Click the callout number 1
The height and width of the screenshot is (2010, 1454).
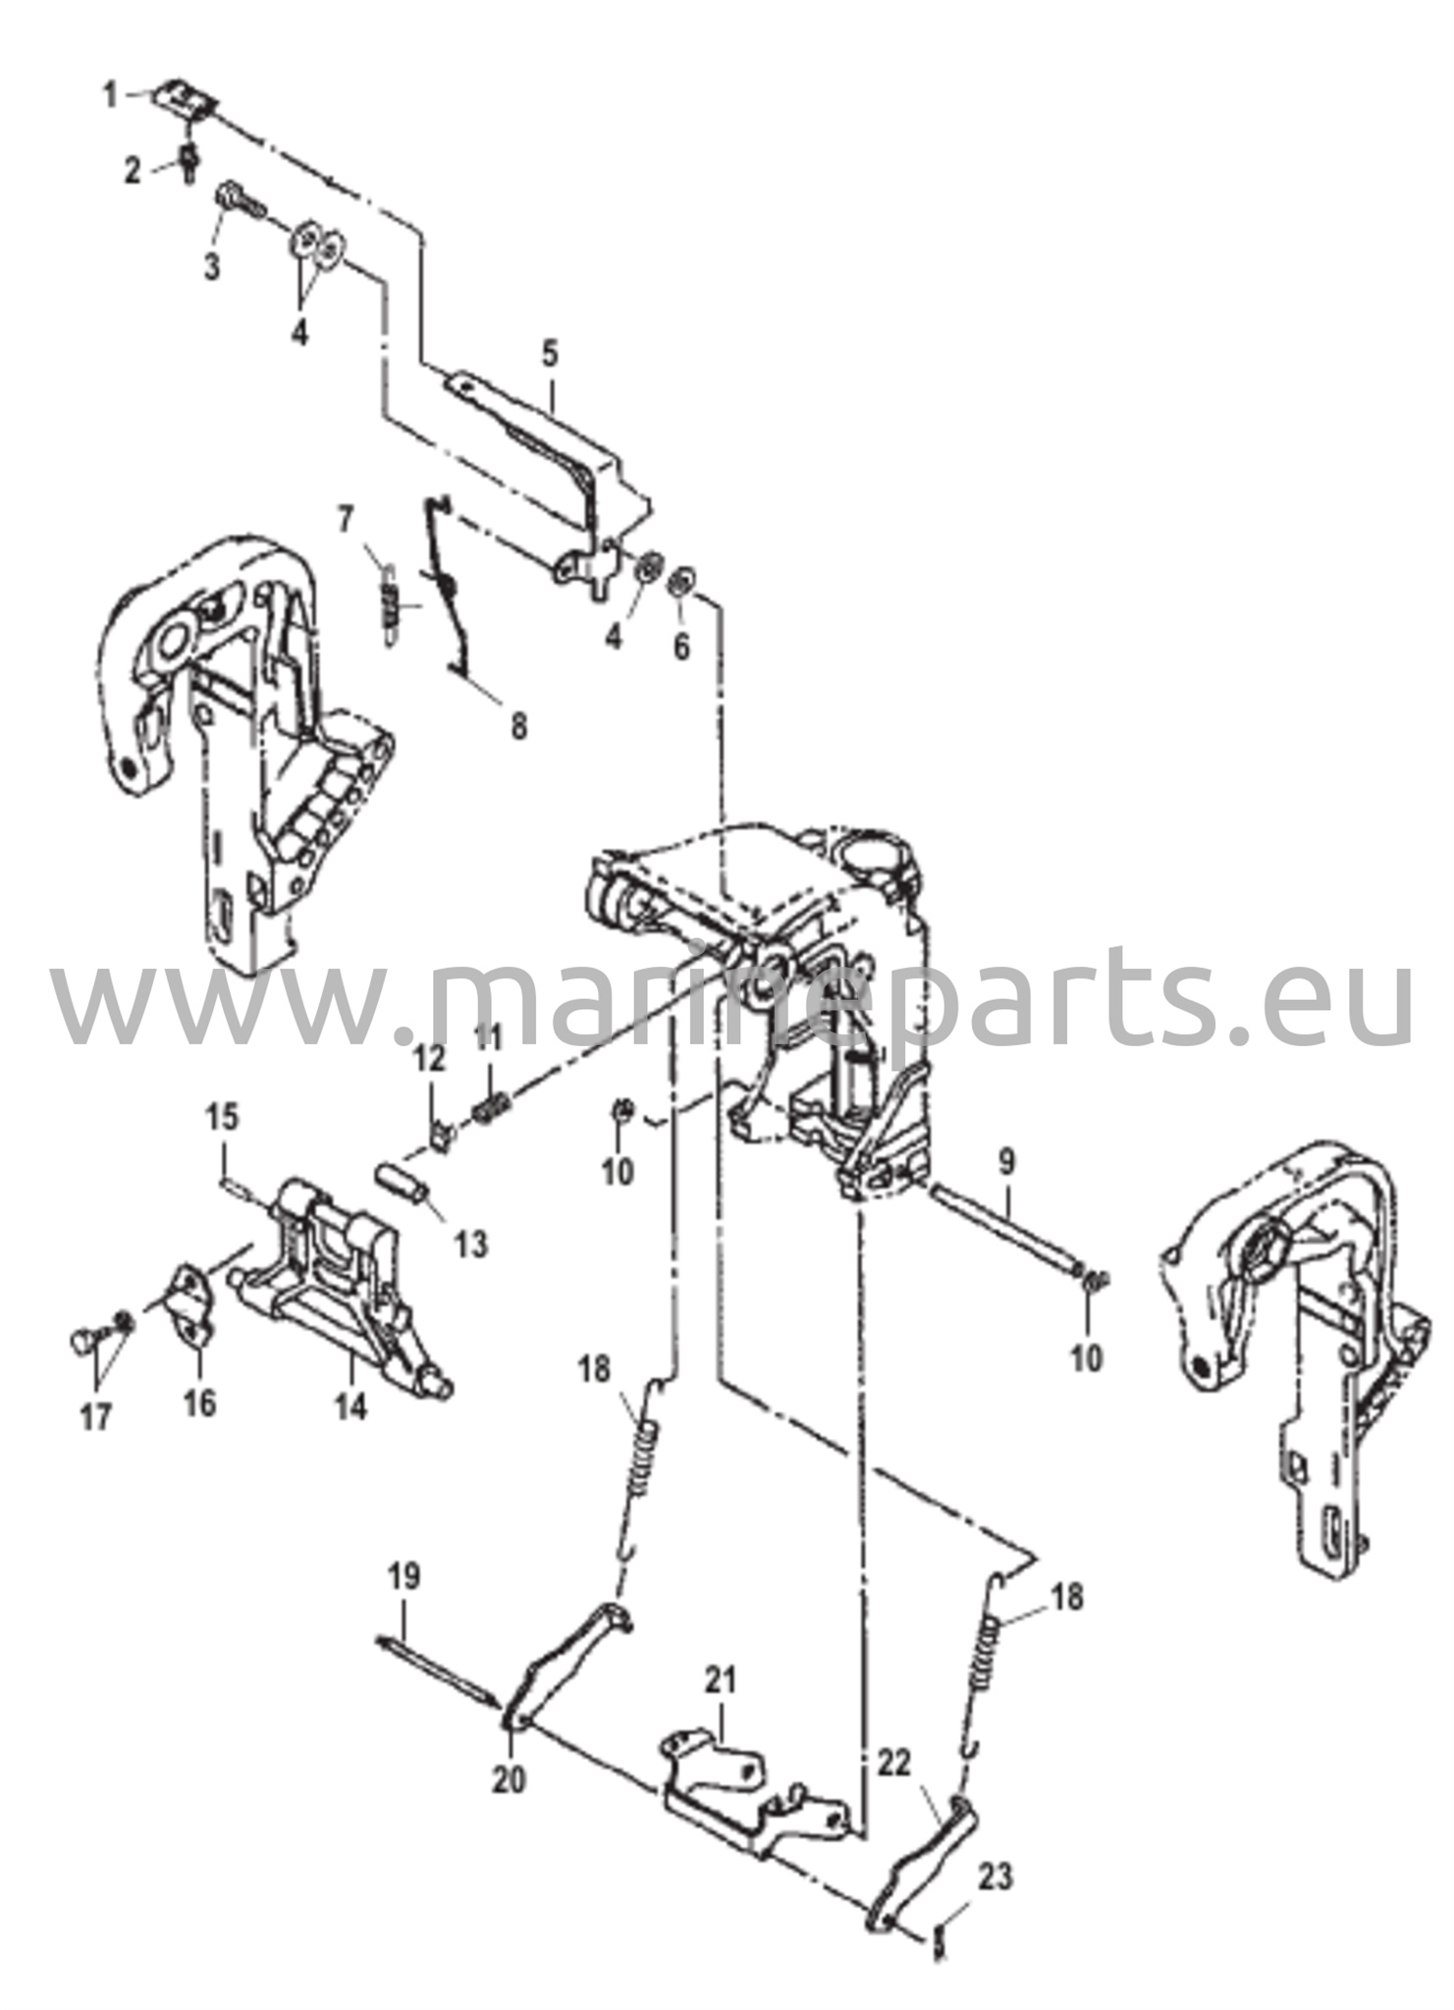[x=110, y=95]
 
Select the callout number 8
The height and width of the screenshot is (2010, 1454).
[x=517, y=727]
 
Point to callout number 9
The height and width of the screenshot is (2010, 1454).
[x=1006, y=1163]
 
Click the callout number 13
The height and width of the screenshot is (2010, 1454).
[x=471, y=1245]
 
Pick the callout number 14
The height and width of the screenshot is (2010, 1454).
[x=350, y=1406]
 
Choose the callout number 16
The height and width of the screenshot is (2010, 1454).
[x=199, y=1403]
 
